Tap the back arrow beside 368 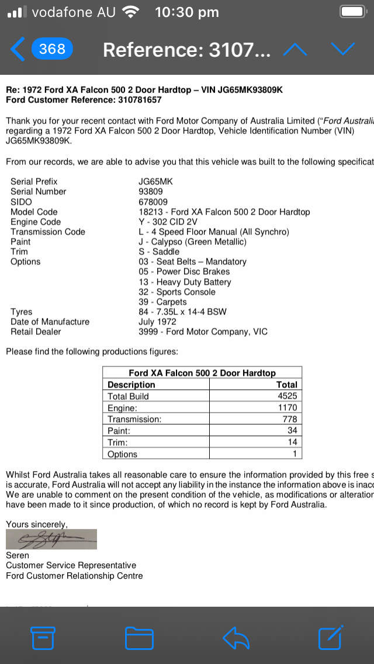[x=18, y=50]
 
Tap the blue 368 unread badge [x=52, y=49]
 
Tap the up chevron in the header [x=295, y=50]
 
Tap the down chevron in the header [x=342, y=49]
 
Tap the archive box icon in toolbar [x=43, y=638]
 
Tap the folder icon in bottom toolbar [x=139, y=638]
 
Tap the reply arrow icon [x=236, y=638]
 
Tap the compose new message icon [x=330, y=637]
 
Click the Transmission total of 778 [x=289, y=419]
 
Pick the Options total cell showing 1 [x=295, y=454]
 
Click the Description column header [x=131, y=385]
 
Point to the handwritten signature [x=51, y=539]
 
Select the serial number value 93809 [x=151, y=192]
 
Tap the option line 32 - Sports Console [x=177, y=292]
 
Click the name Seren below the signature [x=18, y=555]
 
